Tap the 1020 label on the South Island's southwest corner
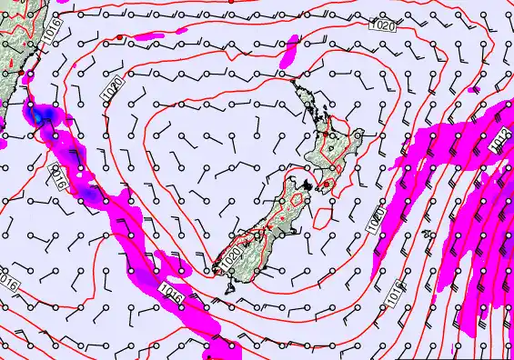coord(232,255)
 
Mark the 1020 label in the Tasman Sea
coord(114,89)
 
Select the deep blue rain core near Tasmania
coord(41,116)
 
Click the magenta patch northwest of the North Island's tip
coord(289,51)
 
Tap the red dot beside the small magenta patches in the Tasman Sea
coord(120,36)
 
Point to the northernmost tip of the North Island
coord(293,83)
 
